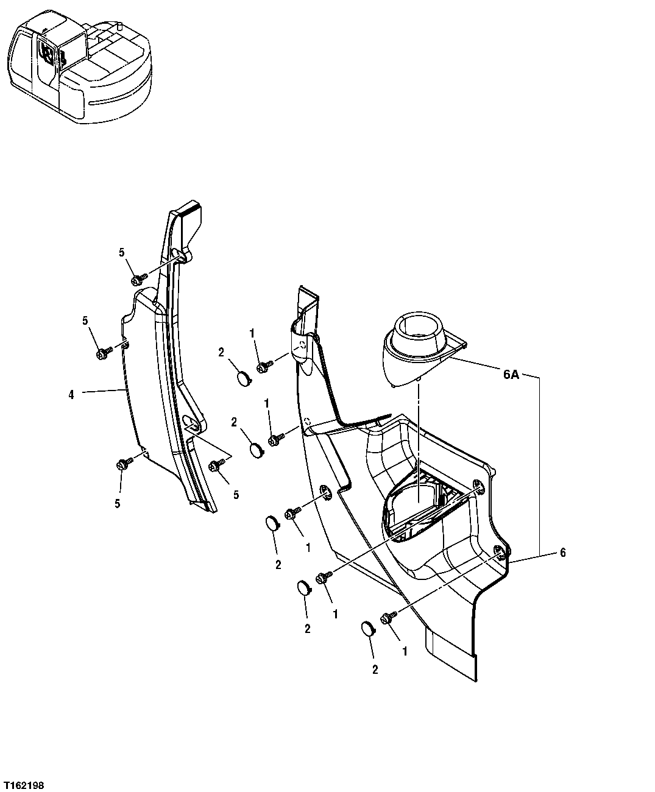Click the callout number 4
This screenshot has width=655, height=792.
pos(71,395)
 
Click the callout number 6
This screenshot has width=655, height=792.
pos(562,553)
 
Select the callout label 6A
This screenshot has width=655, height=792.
pos(511,375)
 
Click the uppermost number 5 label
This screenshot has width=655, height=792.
pos(121,252)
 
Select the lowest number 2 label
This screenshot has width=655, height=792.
pos(375,670)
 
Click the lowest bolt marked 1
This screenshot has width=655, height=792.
pos(387,618)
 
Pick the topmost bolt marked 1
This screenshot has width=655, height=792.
pos(264,367)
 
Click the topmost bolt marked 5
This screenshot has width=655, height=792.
pos(138,279)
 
